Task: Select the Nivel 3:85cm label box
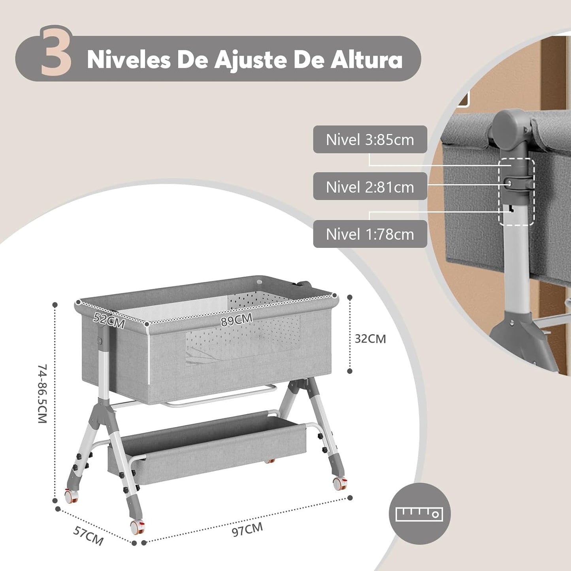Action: point(370,139)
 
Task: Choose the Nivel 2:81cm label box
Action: point(370,187)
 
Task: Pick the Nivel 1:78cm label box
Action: point(370,234)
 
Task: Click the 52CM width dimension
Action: point(109,320)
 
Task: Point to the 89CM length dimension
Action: point(236,319)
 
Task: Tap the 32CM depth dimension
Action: point(370,339)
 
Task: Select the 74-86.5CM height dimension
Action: point(42,394)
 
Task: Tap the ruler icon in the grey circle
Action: point(419,514)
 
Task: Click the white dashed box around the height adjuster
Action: point(516,192)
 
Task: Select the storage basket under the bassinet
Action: point(207,447)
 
